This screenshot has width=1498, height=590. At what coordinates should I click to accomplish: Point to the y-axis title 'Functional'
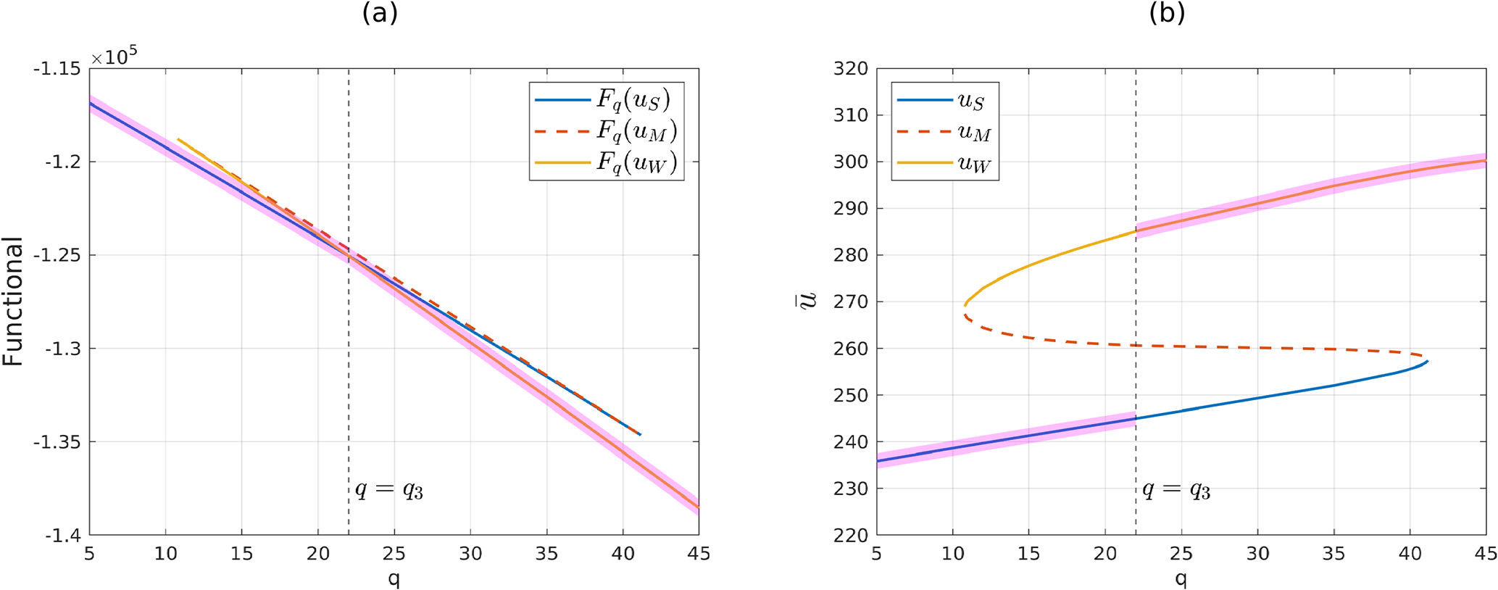(x=13, y=302)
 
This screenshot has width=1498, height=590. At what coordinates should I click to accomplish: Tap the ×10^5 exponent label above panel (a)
(x=114, y=57)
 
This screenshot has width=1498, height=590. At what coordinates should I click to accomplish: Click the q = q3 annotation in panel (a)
(x=388, y=490)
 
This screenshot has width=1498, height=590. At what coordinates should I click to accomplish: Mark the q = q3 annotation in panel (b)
(x=1176, y=490)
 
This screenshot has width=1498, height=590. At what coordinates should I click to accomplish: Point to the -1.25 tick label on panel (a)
(x=60, y=255)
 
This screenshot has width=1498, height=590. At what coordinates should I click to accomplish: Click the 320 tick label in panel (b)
(x=851, y=69)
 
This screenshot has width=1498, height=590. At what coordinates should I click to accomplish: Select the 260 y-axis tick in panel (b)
(x=851, y=349)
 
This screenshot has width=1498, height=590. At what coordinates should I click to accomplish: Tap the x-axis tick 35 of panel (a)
(x=546, y=554)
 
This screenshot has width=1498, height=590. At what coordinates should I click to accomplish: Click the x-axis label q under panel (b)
(x=1181, y=578)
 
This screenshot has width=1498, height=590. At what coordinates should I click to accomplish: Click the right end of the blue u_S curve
(x=1427, y=361)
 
